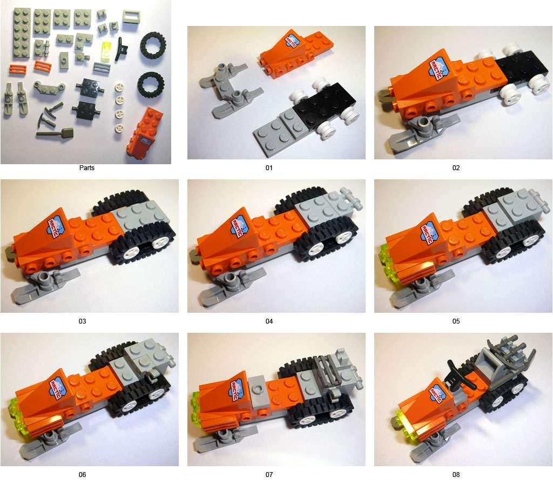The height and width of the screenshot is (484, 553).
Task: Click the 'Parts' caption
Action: (x=87, y=168)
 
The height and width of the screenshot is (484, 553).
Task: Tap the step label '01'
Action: (x=269, y=168)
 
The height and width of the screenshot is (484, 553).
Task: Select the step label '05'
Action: (x=456, y=321)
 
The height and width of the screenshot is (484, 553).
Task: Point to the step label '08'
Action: (x=456, y=475)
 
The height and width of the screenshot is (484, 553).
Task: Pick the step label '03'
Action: (x=82, y=321)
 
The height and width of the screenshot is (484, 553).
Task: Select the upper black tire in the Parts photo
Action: (x=153, y=45)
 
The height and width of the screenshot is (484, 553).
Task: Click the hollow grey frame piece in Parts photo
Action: (x=132, y=16)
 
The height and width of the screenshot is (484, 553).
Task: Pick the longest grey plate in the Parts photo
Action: (x=21, y=33)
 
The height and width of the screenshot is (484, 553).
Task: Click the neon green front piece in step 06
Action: (x=14, y=413)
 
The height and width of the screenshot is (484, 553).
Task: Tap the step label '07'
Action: (x=269, y=475)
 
